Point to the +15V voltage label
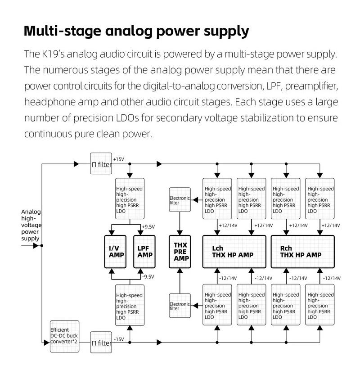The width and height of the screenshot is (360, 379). click(x=119, y=159)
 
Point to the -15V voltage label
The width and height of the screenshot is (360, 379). click(x=119, y=339)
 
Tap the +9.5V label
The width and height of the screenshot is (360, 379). click(x=148, y=227)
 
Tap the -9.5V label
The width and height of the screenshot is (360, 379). click(x=148, y=277)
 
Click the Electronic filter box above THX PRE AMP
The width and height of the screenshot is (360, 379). click(x=180, y=200)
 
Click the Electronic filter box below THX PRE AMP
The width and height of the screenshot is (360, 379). click(x=180, y=305)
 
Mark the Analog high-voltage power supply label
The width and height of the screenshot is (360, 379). click(x=31, y=225)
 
